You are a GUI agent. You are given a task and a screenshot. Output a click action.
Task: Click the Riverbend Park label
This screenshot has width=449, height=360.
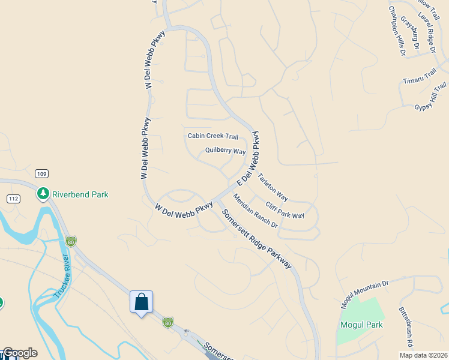pos(80,194)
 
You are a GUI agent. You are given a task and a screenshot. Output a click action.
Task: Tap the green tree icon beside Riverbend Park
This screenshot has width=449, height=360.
pos(43,194)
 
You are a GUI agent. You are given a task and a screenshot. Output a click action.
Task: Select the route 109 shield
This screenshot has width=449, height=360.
pos(41,174)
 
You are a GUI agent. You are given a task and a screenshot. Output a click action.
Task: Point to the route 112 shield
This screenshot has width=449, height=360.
pos(13,199)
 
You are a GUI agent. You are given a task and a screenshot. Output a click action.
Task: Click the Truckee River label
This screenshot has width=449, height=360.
pos(62,277)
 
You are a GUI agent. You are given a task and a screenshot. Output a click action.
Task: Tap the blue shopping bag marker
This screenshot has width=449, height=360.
pos(142,302)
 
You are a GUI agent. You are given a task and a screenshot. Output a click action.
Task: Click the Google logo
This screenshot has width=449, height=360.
pos(20,353)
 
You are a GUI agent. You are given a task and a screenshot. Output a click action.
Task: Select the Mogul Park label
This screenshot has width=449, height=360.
pos(361,325)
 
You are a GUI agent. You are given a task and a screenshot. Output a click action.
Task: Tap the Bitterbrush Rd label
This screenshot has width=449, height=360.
pos(405,327)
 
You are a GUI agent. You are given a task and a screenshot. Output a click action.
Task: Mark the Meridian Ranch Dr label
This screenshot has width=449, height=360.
pos(255,211)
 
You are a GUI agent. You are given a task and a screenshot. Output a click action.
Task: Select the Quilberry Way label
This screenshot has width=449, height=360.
pos(225,151)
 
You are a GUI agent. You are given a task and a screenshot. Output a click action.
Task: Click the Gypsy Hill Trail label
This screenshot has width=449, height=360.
pos(430,97)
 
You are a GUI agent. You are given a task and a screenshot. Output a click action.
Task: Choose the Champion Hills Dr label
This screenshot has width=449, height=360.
pos(397,32)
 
